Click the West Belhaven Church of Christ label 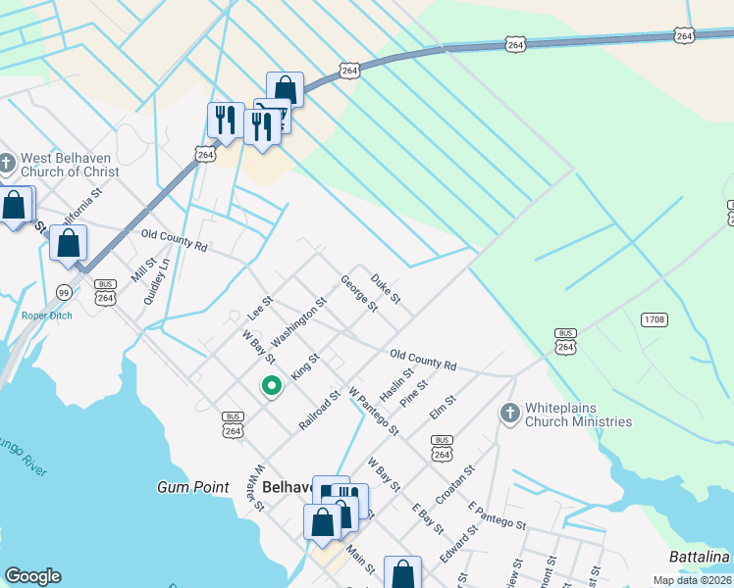pyautogui.click(x=73, y=166)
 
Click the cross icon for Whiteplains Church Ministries pyautogui.click(x=509, y=414)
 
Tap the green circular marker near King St pyautogui.click(x=272, y=386)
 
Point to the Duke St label pyautogui.click(x=385, y=288)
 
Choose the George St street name pyautogui.click(x=359, y=294)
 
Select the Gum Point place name pyautogui.click(x=192, y=486)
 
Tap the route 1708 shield pyautogui.click(x=655, y=319)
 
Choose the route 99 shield pyautogui.click(x=64, y=292)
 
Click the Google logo pyautogui.click(x=32, y=576)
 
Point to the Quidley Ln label pyautogui.click(x=157, y=281)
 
